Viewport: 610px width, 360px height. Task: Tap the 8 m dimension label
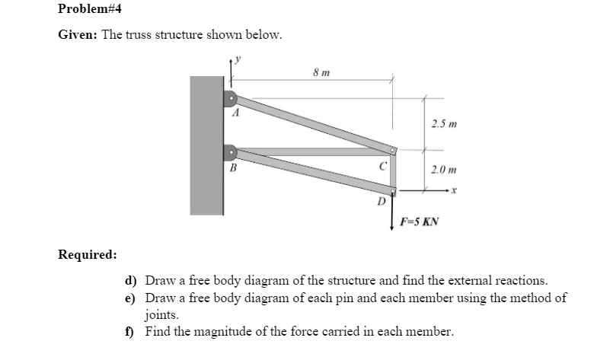click(x=321, y=72)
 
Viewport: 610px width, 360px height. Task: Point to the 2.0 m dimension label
click(x=443, y=170)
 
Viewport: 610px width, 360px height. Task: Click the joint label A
click(x=236, y=113)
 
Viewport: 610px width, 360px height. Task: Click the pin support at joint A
click(x=229, y=97)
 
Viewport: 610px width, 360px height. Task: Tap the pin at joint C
click(x=394, y=151)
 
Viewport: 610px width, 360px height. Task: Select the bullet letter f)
click(x=131, y=330)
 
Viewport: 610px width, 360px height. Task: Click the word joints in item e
click(x=162, y=314)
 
